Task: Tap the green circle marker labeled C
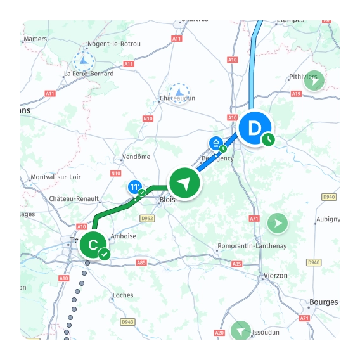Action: pos(93,244)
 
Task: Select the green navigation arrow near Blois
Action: pos(184,184)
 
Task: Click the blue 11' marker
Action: pos(134,188)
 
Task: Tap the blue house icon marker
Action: pos(216,143)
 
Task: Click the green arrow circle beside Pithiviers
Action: pos(314,80)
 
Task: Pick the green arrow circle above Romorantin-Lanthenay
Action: pos(277,222)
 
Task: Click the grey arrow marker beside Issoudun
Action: pos(241,331)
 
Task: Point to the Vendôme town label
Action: pos(136,157)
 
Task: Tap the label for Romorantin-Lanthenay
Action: pos(252,246)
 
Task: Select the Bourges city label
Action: pos(323,302)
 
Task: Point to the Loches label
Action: pos(123,295)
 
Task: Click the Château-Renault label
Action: pos(74,198)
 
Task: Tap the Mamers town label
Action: pos(35,39)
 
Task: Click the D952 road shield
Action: pos(147,219)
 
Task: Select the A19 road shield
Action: pos(296,94)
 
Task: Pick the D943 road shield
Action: pos(128,322)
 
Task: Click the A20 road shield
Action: pos(219,333)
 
